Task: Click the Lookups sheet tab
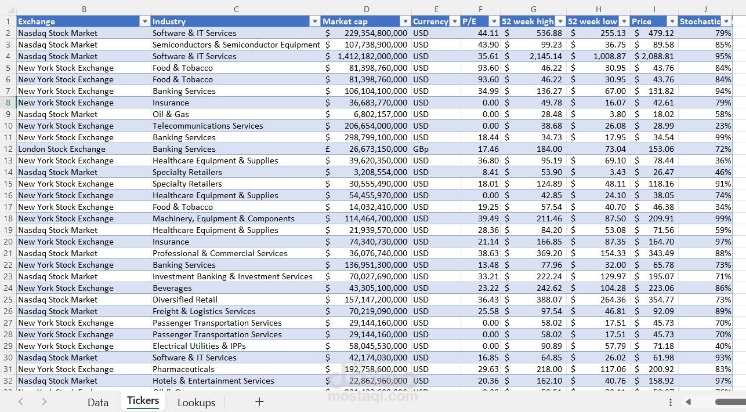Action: (196, 402)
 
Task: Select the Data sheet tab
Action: (98, 402)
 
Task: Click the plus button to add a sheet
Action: (259, 402)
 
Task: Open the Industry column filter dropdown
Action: (315, 21)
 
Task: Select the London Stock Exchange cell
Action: (62, 149)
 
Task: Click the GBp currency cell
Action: (421, 149)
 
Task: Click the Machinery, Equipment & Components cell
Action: (223, 218)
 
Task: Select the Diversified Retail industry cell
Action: (185, 300)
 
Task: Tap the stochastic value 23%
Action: (723, 126)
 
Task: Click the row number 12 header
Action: (8, 149)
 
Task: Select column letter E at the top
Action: (436, 9)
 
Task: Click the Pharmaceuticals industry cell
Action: (183, 369)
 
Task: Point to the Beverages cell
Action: (172, 288)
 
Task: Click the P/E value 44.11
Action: (488, 33)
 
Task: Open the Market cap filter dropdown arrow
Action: (405, 21)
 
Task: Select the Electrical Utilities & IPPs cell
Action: (199, 346)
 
